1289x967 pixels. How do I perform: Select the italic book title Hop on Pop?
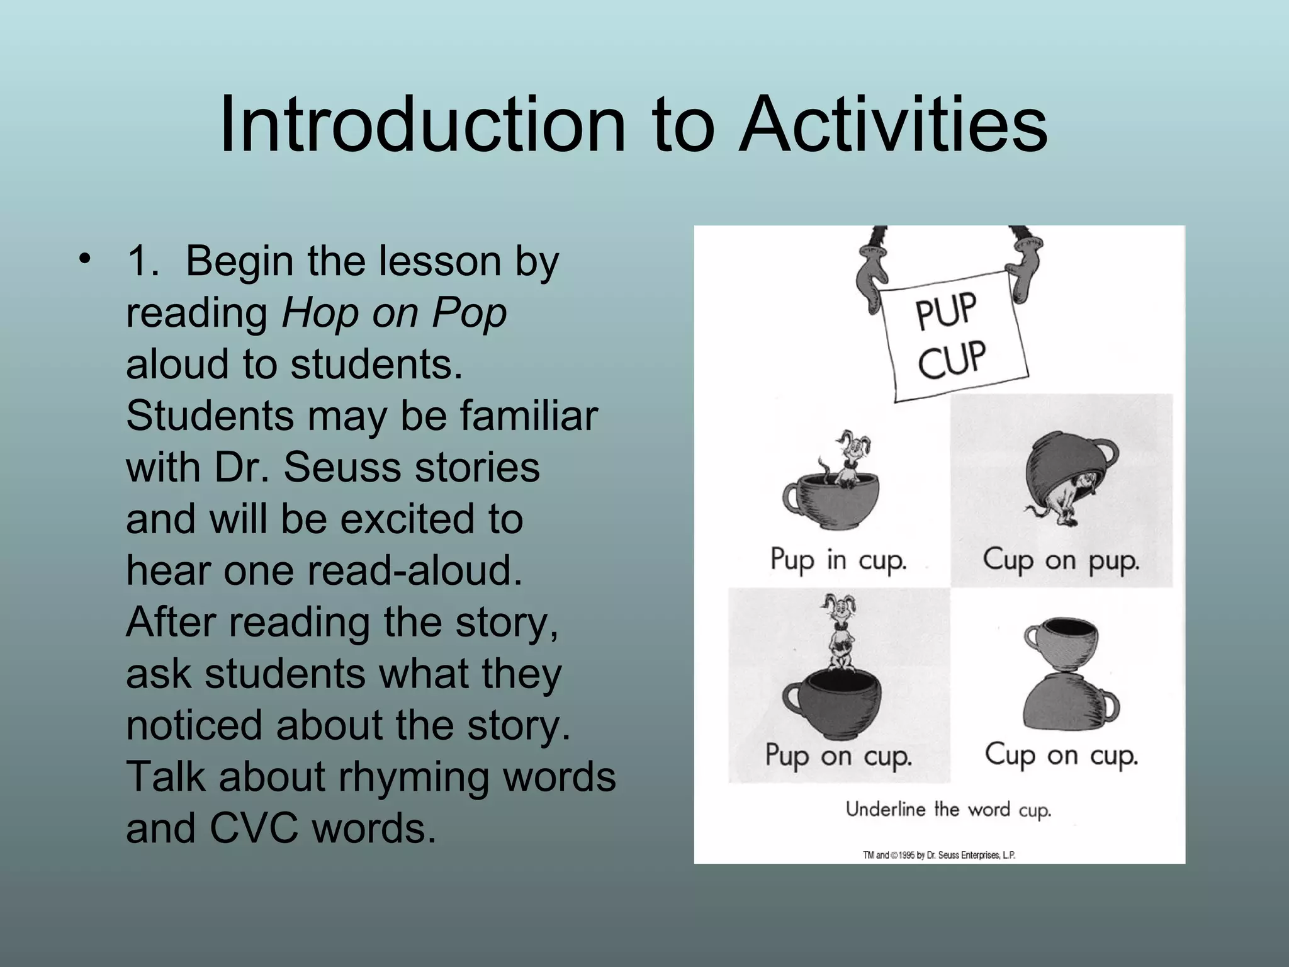coord(394,313)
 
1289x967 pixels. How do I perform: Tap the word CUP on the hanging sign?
coord(952,359)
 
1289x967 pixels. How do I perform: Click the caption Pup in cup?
coord(838,560)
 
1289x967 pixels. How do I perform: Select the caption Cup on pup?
coord(1061,560)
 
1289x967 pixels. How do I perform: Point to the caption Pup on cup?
coord(838,755)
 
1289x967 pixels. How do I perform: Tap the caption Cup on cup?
coord(1061,755)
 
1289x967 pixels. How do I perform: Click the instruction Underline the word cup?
coord(948,810)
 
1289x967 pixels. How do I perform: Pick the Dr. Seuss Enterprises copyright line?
coord(939,855)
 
